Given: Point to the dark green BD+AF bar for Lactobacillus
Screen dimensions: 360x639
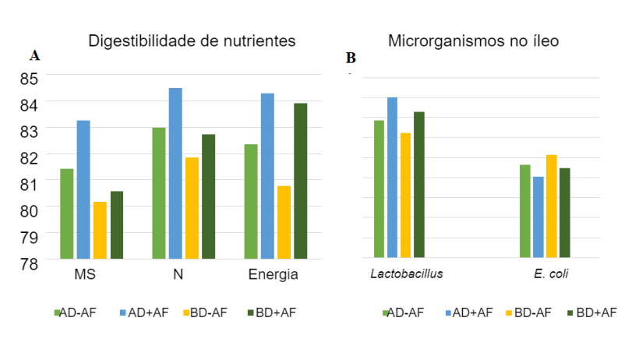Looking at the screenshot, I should pyautogui.click(x=418, y=185).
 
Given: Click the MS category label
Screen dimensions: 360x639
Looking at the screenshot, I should pyautogui.click(x=85, y=276).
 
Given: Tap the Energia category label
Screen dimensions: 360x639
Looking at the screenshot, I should pyautogui.click(x=273, y=276).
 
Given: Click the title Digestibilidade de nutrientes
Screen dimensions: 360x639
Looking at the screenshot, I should pyautogui.click(x=192, y=41).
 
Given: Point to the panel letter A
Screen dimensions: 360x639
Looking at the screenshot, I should pyautogui.click(x=34, y=55).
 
